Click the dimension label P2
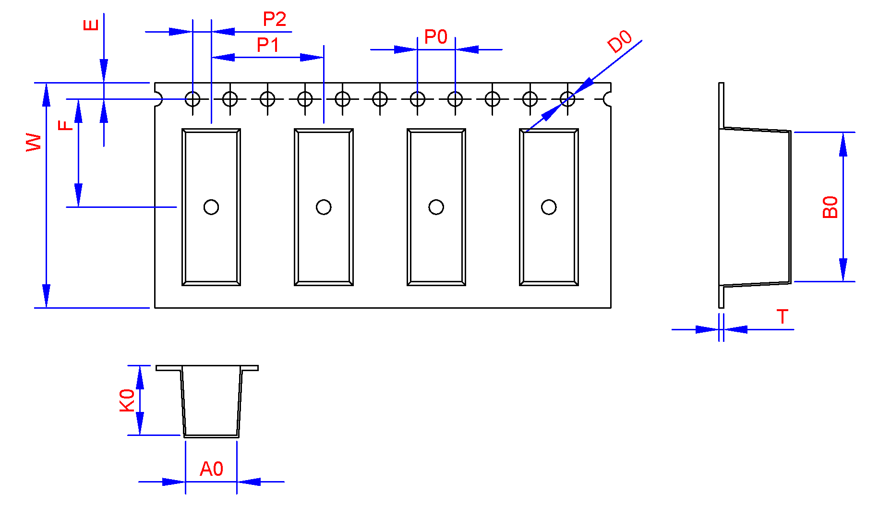[275, 19]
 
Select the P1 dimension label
[268, 45]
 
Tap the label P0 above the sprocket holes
[436, 36]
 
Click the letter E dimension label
[91, 25]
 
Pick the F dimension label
[65, 125]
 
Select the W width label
[34, 143]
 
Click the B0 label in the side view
[830, 207]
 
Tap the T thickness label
[783, 317]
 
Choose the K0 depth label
[127, 400]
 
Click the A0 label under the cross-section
[211, 469]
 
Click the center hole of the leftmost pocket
[211, 207]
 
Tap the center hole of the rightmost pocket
[549, 207]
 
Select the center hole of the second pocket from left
[324, 207]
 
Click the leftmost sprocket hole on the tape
[193, 99]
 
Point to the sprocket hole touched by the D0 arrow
[567, 99]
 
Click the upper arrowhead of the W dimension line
[46, 94]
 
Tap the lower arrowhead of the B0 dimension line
[843, 270]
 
